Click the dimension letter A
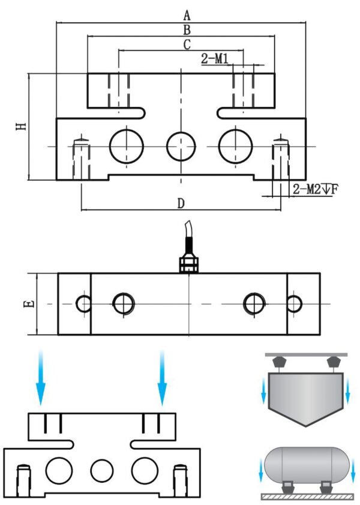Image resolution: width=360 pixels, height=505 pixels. [x=187, y=14]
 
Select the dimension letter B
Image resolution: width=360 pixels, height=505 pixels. [x=187, y=29]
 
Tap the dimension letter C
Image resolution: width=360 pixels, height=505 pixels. [x=187, y=44]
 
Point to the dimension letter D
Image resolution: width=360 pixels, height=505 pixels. [x=181, y=204]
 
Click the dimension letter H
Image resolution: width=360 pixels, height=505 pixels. [x=20, y=126]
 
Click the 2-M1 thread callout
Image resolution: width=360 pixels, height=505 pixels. [x=215, y=58]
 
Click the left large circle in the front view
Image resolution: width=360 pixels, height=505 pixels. [x=127, y=145]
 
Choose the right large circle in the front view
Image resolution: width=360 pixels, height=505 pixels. [x=235, y=145]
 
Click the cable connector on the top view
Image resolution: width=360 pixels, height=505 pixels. [x=188, y=264]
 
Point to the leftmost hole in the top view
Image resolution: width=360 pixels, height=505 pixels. [x=84, y=304]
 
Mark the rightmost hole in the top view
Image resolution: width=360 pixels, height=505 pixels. [x=293, y=304]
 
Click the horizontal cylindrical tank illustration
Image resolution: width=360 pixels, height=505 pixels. [x=306, y=464]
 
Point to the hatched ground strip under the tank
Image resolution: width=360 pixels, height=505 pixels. [x=306, y=497]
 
